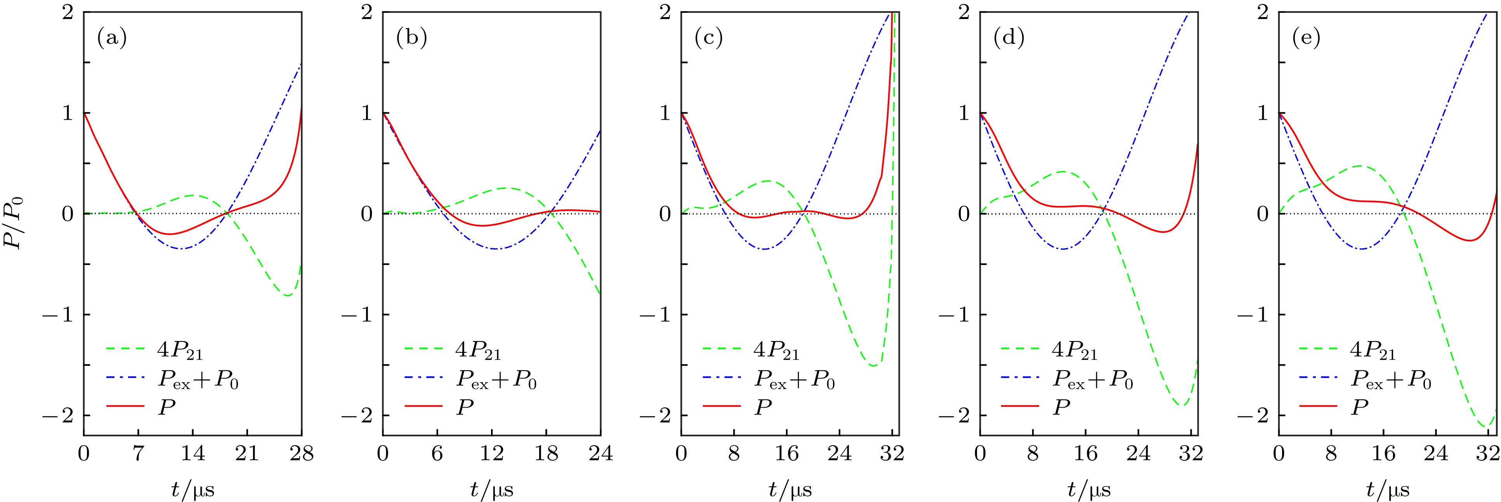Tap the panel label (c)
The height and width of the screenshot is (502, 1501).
tap(708, 39)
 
